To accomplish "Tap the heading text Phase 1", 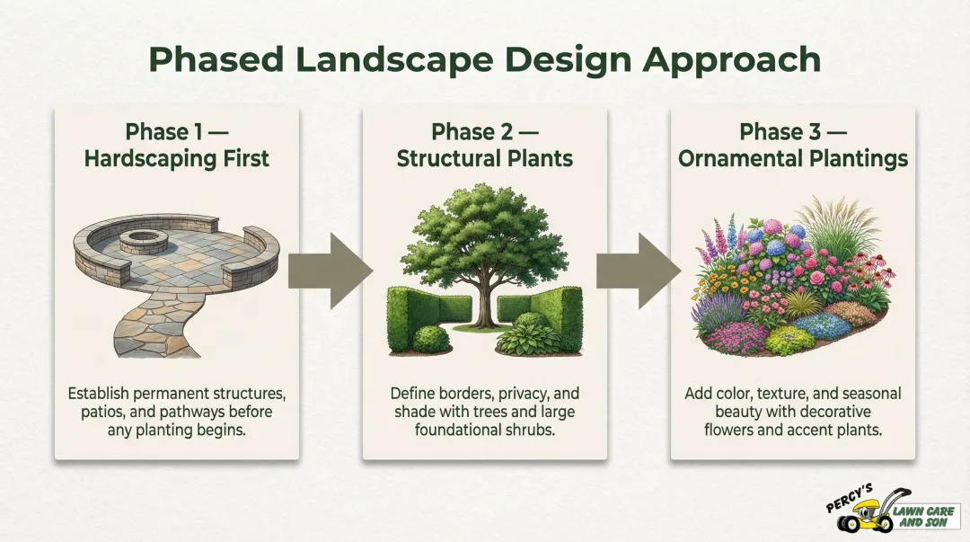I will coord(164,132).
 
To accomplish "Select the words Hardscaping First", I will coord(176,159).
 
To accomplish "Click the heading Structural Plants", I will coord(484,159).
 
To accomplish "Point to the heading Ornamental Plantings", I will coord(793,159).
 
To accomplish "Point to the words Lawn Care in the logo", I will coord(925,511).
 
